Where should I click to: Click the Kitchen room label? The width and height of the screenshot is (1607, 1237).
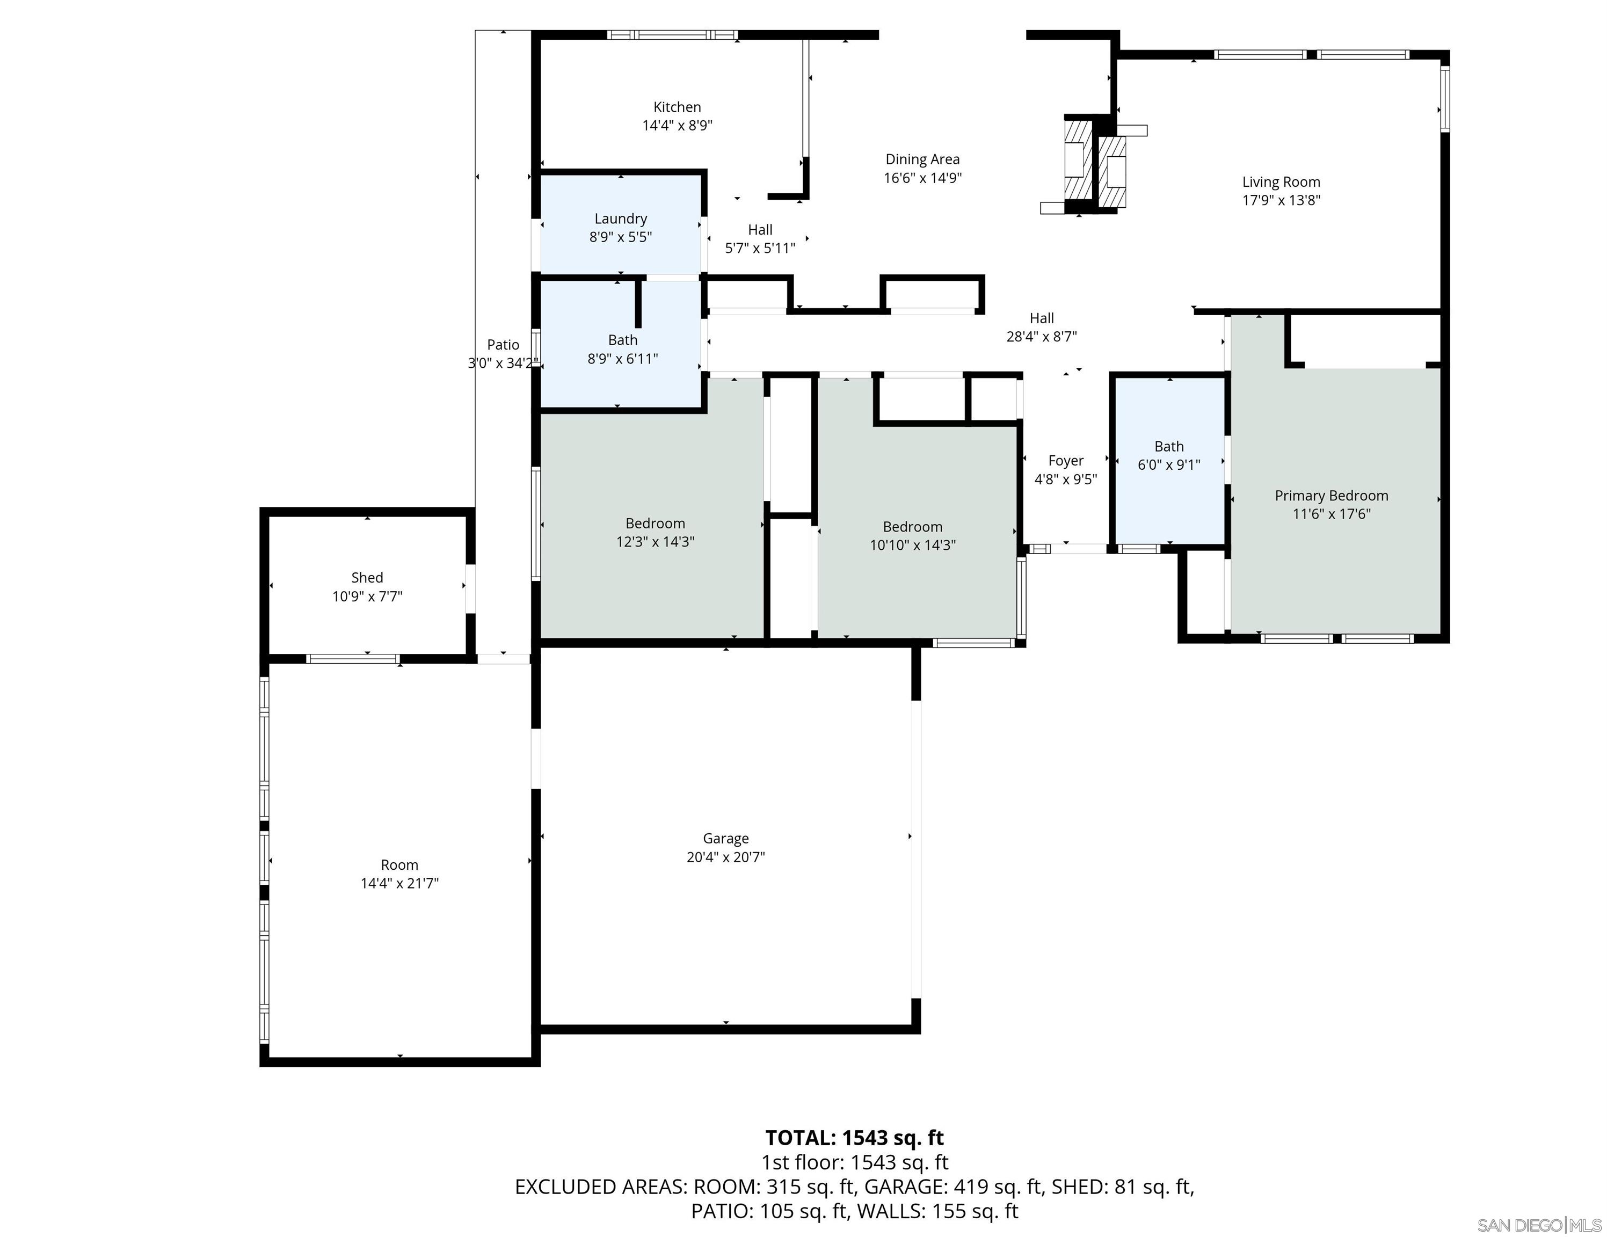click(677, 107)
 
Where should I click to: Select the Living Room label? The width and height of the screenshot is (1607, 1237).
click(1281, 182)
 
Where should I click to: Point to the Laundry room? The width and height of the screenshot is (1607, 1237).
click(620, 228)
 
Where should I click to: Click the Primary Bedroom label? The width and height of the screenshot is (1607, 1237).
click(1330, 496)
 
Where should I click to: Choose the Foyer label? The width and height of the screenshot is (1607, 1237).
click(1065, 461)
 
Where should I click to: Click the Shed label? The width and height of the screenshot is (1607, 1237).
click(366, 578)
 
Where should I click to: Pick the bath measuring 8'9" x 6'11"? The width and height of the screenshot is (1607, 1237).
click(622, 350)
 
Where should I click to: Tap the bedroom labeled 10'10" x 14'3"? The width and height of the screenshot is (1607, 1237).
click(912, 536)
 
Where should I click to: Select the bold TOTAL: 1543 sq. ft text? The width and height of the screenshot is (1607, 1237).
click(854, 1138)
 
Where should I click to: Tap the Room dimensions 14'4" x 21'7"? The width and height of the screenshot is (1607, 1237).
click(399, 884)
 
